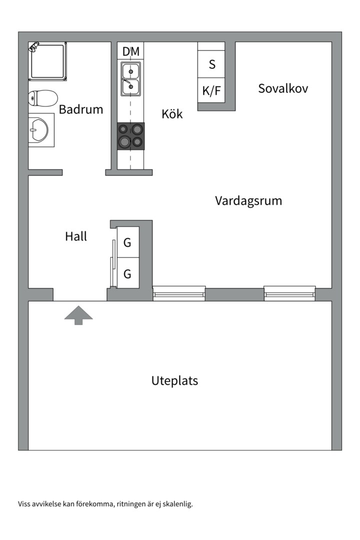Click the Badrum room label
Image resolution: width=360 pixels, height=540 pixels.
(81, 109)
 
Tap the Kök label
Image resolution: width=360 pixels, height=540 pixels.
(172, 114)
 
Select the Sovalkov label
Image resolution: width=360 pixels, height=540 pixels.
(283, 88)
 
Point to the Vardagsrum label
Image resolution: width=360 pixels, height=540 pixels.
(248, 201)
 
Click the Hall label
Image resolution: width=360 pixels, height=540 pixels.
(76, 236)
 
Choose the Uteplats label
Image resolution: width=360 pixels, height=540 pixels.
(174, 381)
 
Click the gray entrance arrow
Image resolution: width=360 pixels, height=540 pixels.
(78, 315)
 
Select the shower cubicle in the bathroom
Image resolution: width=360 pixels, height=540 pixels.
(47, 61)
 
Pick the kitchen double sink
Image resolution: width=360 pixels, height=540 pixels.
(130, 78)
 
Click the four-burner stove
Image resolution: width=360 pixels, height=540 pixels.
(131, 136)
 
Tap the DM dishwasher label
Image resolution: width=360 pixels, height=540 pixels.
(131, 51)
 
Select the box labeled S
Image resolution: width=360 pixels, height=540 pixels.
(211, 64)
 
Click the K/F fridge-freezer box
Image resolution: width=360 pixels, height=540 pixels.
(211, 90)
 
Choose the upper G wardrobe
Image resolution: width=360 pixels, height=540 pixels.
(127, 243)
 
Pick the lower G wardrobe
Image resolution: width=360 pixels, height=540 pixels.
(127, 274)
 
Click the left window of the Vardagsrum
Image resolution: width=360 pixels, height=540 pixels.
(179, 293)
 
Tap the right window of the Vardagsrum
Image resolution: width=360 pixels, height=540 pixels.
(289, 293)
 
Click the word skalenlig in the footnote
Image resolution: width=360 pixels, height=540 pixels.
(177, 504)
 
